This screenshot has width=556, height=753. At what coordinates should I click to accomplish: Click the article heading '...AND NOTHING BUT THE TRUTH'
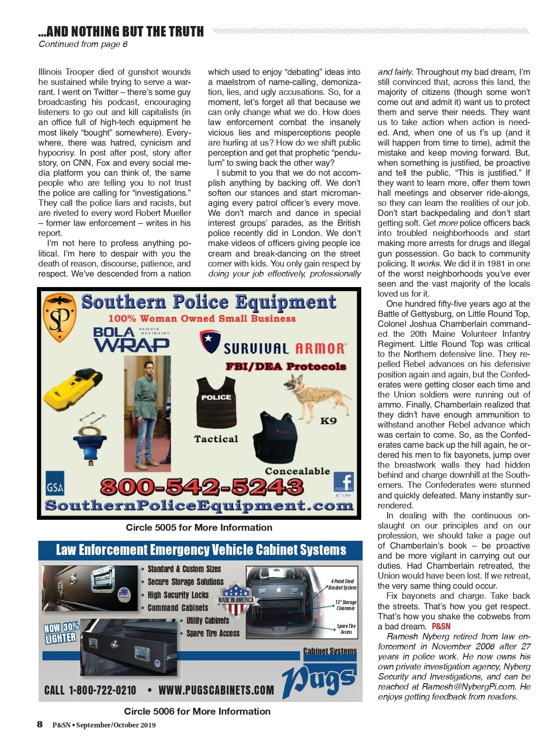pos(121,31)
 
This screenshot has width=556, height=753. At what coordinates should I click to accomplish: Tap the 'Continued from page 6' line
pos(83,44)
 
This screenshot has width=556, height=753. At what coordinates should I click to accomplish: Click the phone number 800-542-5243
pos(202,486)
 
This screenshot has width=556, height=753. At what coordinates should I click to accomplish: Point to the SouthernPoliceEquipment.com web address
pos(199,506)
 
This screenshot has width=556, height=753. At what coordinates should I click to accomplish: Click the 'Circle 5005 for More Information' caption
pos(199,528)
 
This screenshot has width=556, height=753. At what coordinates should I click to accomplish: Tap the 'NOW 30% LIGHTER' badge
pos(61,633)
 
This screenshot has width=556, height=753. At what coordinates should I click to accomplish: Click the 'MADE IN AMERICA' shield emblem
pos(236,599)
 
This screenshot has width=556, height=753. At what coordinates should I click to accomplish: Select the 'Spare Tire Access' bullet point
pos(213,633)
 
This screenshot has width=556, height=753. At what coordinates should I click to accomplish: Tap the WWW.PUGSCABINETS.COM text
pos(216,690)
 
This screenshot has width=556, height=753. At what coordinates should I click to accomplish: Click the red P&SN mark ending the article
pos(441,627)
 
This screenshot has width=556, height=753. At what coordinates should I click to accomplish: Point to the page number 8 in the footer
pos(40,724)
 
